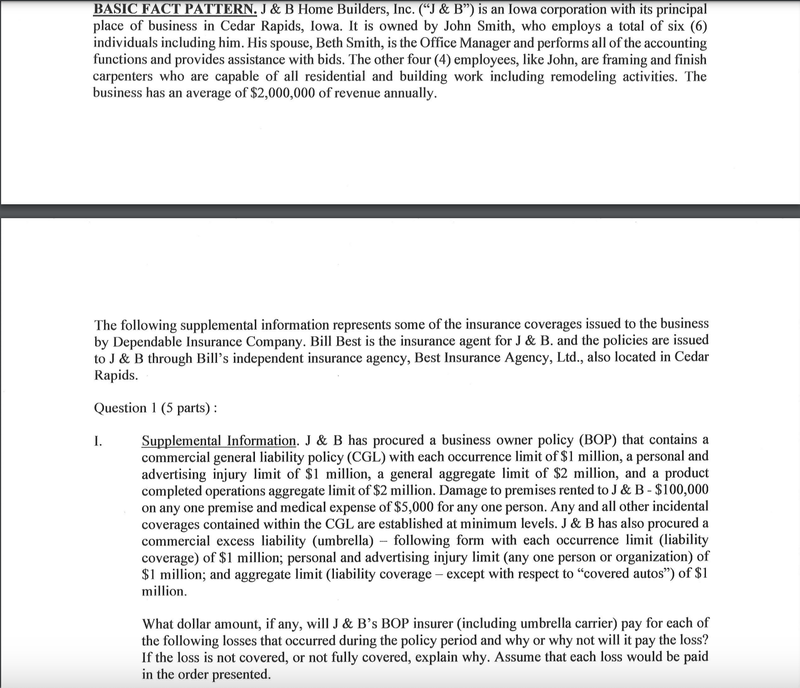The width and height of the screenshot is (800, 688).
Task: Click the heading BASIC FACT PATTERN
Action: tap(174, 9)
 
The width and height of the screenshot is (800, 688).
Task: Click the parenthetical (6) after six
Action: tap(698, 26)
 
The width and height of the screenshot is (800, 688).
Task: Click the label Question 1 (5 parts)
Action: tap(155, 408)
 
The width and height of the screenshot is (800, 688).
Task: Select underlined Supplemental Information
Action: tap(219, 441)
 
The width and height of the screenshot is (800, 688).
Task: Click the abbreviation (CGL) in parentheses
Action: tap(366, 458)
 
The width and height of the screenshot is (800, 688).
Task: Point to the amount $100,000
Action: tap(682, 490)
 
